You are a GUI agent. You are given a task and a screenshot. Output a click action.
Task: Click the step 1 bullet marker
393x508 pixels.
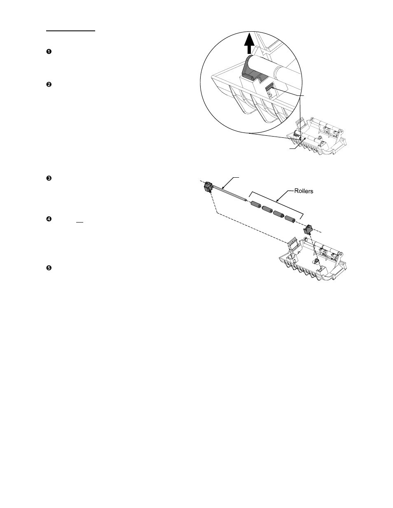49,51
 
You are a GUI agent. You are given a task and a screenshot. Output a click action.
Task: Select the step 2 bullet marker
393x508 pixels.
49,85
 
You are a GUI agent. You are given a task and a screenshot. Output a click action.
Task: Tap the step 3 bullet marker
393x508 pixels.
49,178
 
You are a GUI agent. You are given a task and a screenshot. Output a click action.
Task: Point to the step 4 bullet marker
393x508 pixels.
49,219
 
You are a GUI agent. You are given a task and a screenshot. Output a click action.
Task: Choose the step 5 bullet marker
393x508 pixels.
49,268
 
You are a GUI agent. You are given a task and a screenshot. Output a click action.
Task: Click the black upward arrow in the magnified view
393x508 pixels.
248,43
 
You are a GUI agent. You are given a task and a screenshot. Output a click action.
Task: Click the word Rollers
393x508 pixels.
305,191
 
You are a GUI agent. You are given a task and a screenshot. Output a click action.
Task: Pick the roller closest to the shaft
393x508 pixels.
257,204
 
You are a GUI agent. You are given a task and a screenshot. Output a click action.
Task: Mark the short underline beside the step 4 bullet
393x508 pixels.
80,223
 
